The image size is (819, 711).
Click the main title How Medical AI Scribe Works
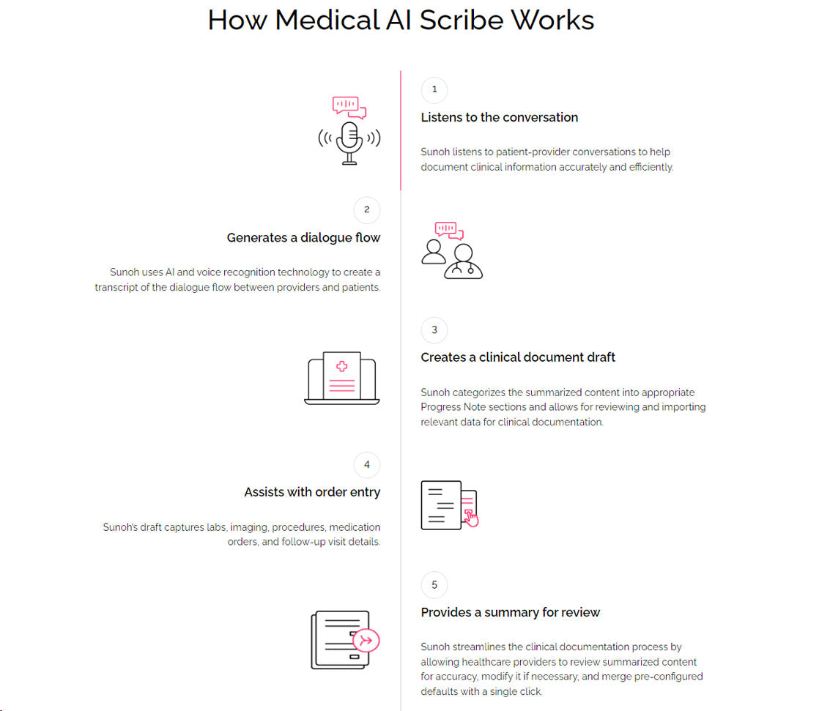[x=401, y=21]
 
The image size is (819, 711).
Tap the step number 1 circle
[x=434, y=90]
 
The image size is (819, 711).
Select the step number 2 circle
[x=367, y=210]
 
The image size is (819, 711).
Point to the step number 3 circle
[x=434, y=330]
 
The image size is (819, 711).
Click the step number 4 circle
[x=367, y=465]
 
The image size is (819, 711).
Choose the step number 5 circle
[x=434, y=584]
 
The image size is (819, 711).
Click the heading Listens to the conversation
[x=500, y=117]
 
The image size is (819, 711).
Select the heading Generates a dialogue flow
[x=303, y=238]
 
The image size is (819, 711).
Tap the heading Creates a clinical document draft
[x=518, y=357]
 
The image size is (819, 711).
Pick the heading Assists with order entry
[x=312, y=492]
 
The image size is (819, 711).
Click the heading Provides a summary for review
[x=511, y=612]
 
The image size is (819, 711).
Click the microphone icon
[x=349, y=143]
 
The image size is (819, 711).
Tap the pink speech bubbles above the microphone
[x=349, y=107]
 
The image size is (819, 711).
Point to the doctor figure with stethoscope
[x=463, y=261]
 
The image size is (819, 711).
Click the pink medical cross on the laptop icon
[x=341, y=366]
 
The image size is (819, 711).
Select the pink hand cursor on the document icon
[x=471, y=519]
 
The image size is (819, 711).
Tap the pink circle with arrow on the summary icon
[x=366, y=641]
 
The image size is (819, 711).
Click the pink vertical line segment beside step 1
[x=401, y=130]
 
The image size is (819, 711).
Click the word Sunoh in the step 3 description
[x=435, y=392]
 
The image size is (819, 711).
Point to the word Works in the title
[x=552, y=21]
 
